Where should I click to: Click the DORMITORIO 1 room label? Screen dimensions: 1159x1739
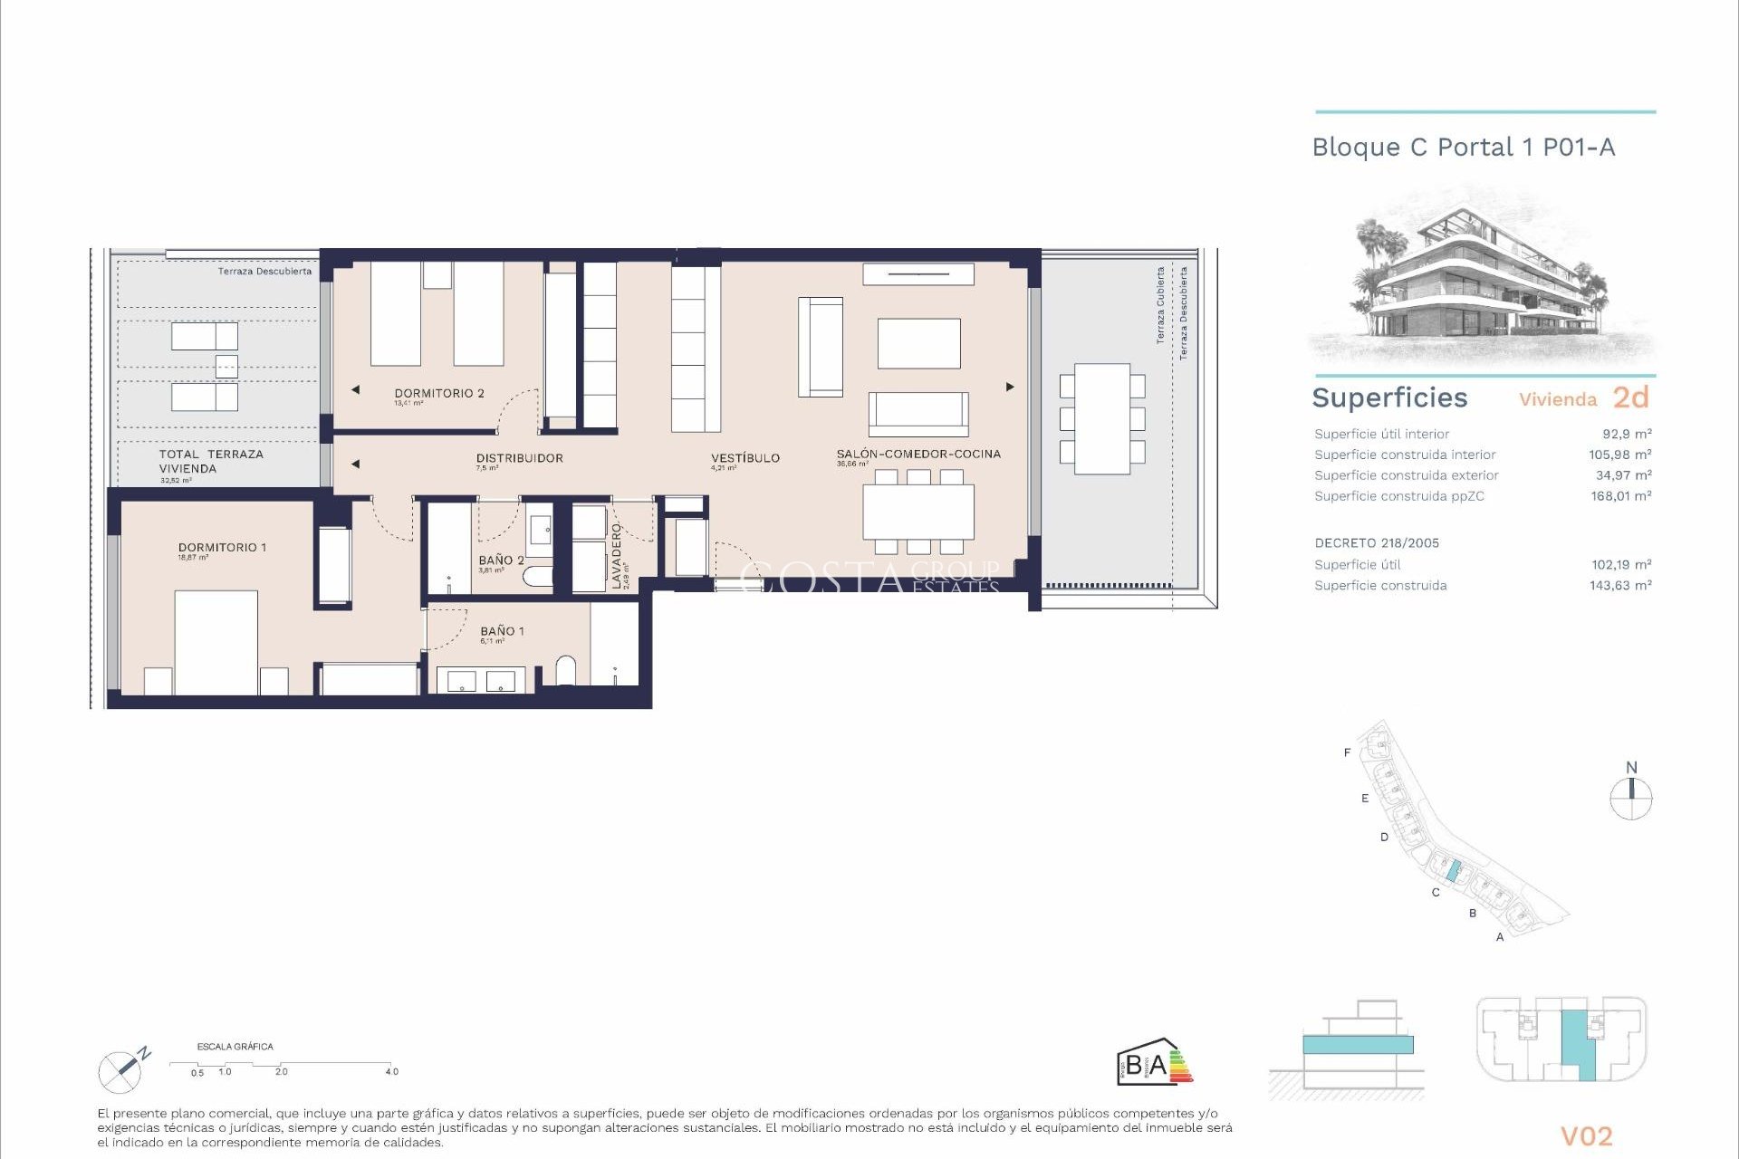pyautogui.click(x=222, y=548)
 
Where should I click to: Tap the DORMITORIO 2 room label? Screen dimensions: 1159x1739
pyautogui.click(x=439, y=393)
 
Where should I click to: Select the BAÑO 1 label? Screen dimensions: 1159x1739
pyautogui.click(x=502, y=631)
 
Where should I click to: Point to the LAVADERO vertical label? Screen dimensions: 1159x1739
pyautogui.click(x=617, y=556)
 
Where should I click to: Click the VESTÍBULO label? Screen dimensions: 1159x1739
pyautogui.click(x=745, y=458)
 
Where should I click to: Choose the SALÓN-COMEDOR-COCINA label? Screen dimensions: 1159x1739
pyautogui.click(x=918, y=454)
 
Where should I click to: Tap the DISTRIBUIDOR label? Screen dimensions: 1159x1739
pyautogui.click(x=519, y=458)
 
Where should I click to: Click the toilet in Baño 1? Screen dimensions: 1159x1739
pyautogui.click(x=565, y=670)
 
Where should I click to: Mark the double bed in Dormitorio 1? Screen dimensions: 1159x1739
pyautogui.click(x=216, y=642)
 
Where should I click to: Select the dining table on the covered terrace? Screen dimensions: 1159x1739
pyautogui.click(x=1101, y=418)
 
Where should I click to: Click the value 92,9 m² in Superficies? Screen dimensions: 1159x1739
pyautogui.click(x=1627, y=434)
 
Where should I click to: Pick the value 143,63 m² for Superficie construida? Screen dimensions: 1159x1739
pyautogui.click(x=1620, y=586)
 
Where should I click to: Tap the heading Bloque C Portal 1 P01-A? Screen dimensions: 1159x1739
pyautogui.click(x=1463, y=148)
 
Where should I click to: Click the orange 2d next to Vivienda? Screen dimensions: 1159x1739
pyautogui.click(x=1630, y=398)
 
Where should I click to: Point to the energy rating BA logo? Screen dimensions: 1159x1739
pyautogui.click(x=1154, y=1063)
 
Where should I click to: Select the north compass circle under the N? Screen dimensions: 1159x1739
pyautogui.click(x=1630, y=800)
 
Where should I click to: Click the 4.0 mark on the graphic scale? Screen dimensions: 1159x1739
pyautogui.click(x=391, y=1072)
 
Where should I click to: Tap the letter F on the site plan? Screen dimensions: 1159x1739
pyautogui.click(x=1347, y=752)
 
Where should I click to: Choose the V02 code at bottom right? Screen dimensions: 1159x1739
pyautogui.click(x=1586, y=1135)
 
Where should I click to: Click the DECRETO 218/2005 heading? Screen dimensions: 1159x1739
pyautogui.click(x=1377, y=543)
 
